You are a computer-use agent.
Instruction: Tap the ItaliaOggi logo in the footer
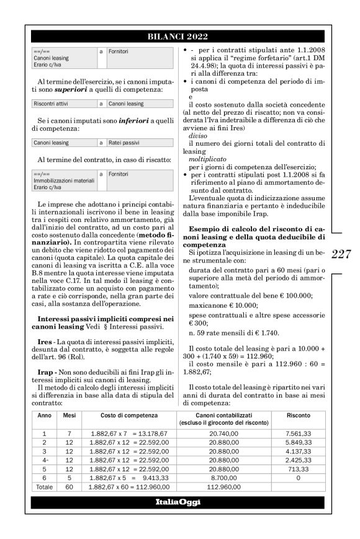pyautogui.click(x=179, y=501)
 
